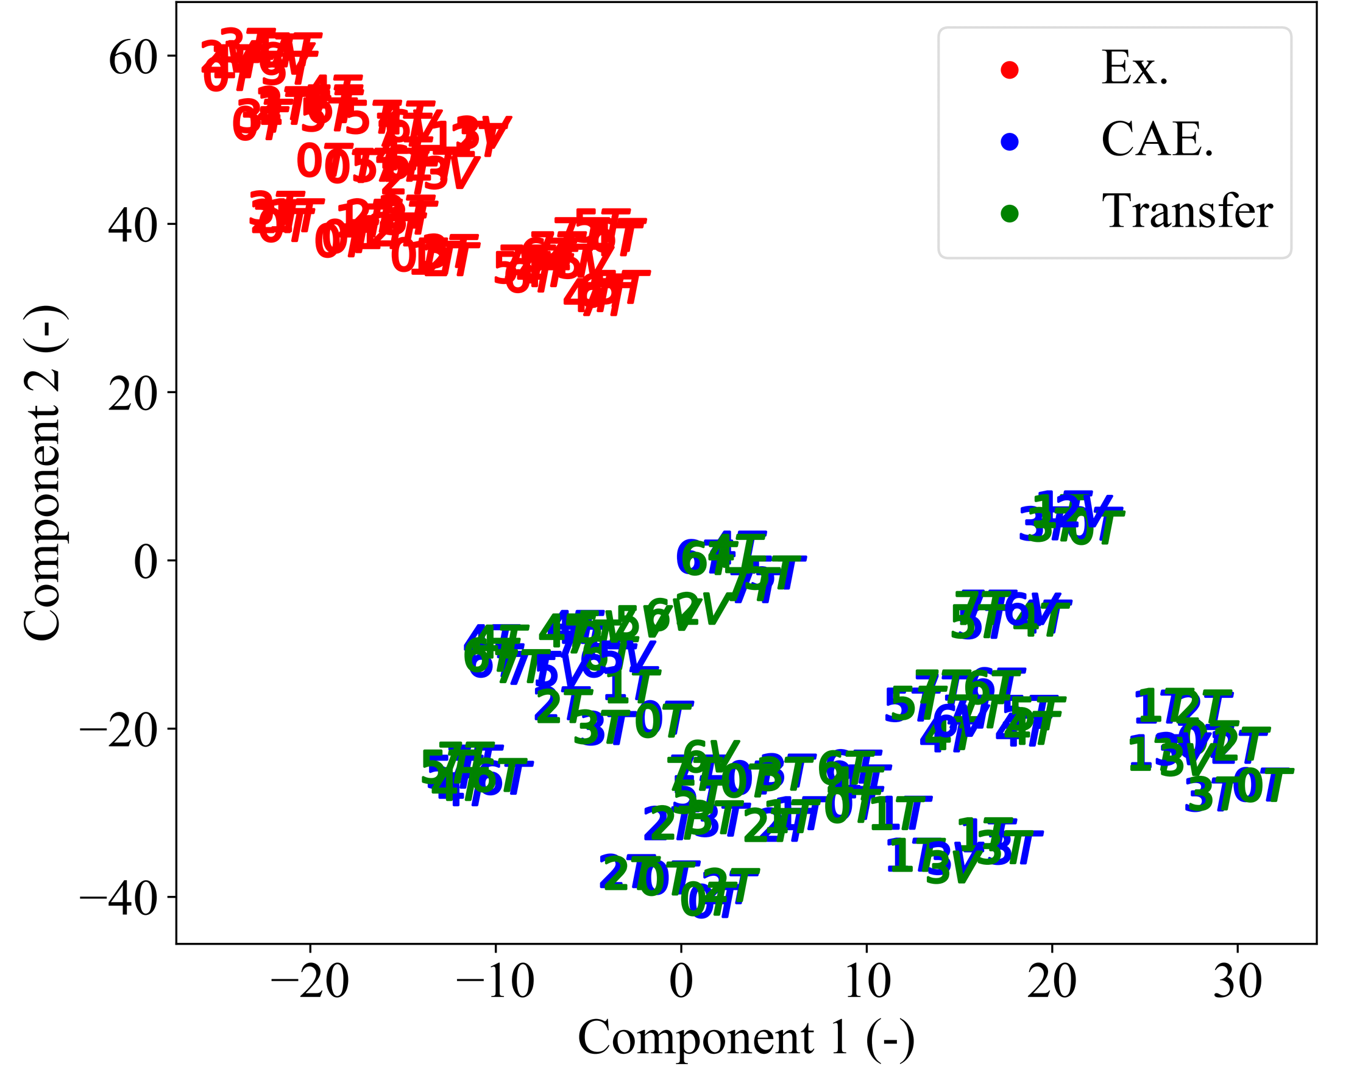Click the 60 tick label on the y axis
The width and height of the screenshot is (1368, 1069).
(132, 59)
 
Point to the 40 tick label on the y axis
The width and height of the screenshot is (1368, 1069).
(132, 226)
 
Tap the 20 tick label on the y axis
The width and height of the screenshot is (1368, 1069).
(132, 395)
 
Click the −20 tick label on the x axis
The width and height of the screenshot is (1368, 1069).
(310, 982)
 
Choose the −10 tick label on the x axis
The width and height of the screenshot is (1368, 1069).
(495, 982)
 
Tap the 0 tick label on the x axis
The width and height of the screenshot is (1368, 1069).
(681, 982)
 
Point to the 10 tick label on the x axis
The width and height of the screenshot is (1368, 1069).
(867, 982)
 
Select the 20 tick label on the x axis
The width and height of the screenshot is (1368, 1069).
(1052, 982)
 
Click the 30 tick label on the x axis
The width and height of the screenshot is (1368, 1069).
(1238, 982)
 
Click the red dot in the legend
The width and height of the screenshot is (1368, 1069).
(1010, 69)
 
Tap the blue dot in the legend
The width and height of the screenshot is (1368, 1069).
(1010, 141)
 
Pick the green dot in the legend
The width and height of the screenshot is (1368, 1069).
(1010, 214)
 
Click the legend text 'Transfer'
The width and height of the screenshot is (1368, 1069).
(1187, 212)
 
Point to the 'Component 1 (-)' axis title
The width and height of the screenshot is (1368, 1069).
(746, 1039)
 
